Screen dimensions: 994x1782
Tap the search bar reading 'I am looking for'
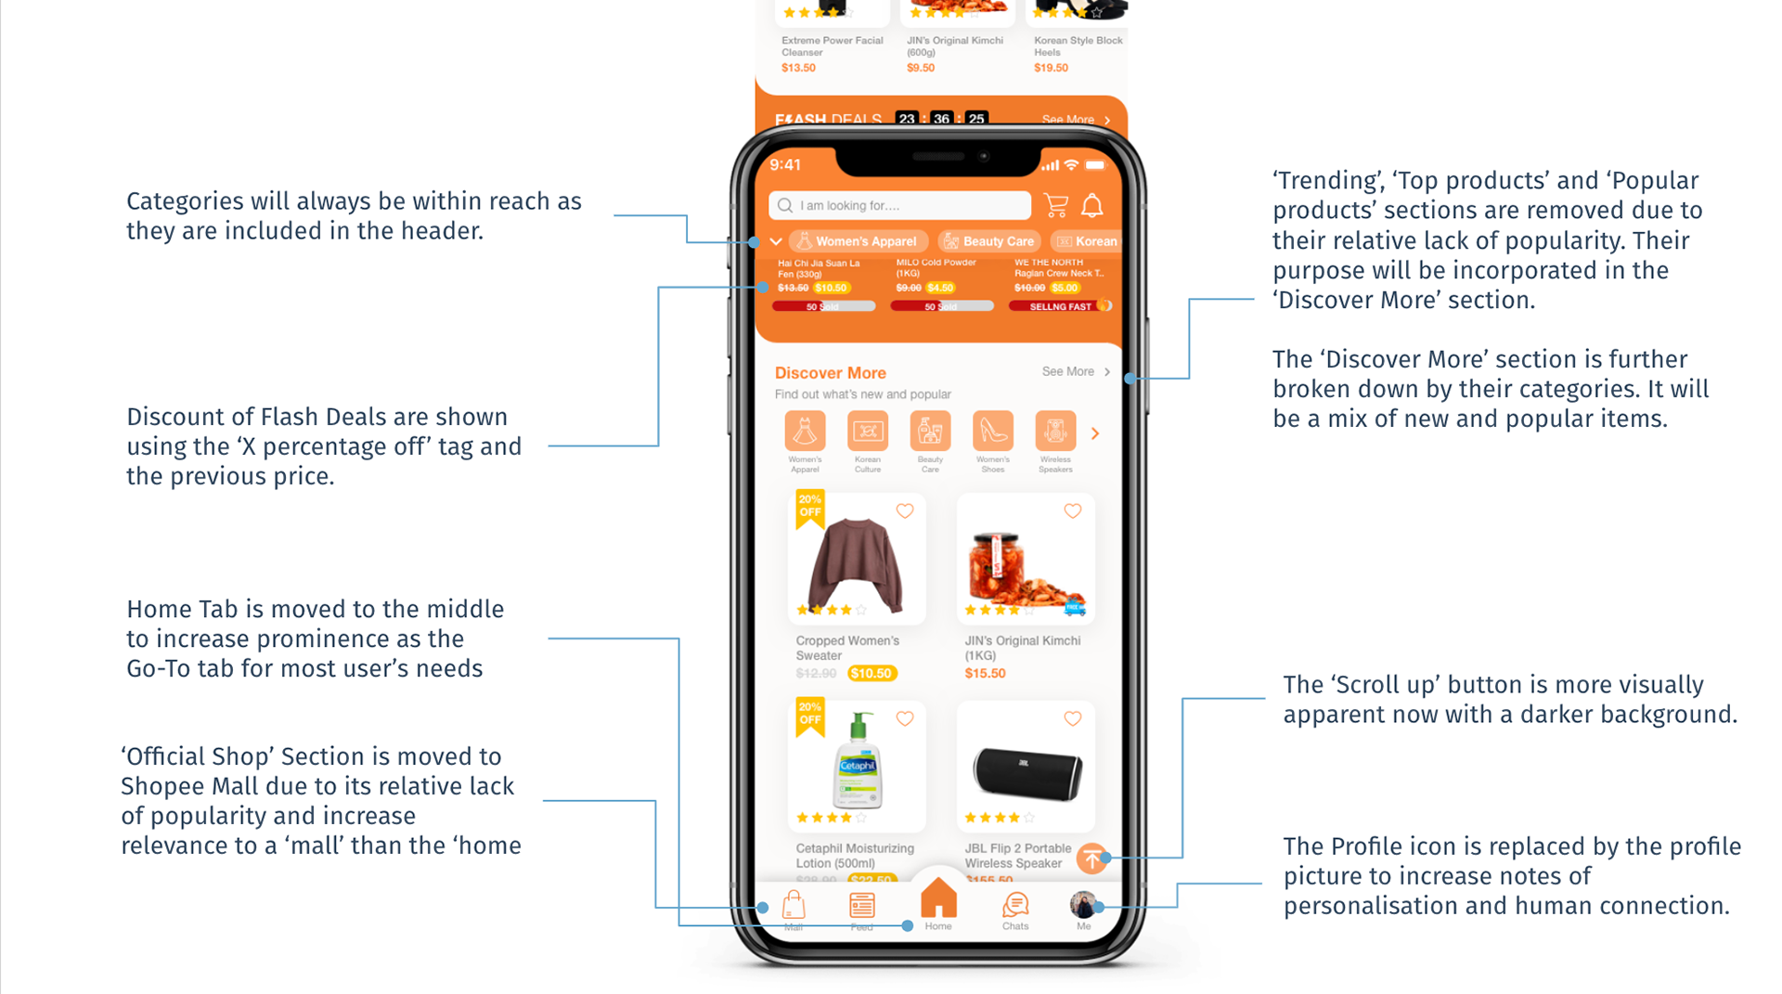(x=898, y=205)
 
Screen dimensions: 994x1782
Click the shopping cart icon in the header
(x=1055, y=205)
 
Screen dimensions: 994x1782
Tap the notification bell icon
(x=1092, y=205)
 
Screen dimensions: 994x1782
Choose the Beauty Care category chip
(x=988, y=241)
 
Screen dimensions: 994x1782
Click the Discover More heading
(x=830, y=373)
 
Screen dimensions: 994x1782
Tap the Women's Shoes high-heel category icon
(x=992, y=432)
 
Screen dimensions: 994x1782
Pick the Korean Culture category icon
(x=868, y=432)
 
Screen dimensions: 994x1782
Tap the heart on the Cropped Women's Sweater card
(x=905, y=511)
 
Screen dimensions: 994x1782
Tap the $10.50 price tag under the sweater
(x=871, y=674)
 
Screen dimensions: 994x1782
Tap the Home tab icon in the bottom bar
(x=938, y=900)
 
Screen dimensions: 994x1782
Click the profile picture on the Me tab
(x=1082, y=904)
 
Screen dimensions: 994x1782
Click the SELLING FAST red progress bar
(x=1059, y=306)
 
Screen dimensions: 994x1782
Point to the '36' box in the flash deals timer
(x=941, y=119)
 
